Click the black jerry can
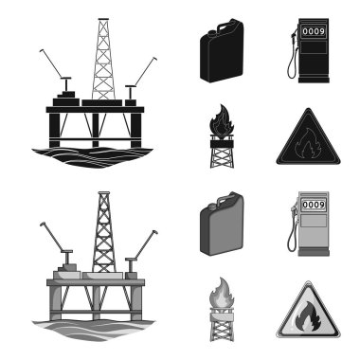tap(222, 50)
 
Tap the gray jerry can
tap(222, 224)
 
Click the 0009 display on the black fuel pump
tap(314, 31)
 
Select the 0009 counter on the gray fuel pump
tap(314, 205)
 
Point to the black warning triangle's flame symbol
tap(304, 147)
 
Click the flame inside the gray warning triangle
tap(307, 316)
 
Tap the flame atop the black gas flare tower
tap(222, 120)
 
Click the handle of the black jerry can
tap(227, 24)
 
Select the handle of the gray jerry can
tap(227, 197)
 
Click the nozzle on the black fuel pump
tap(295, 34)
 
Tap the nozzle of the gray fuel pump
tap(295, 207)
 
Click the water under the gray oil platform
tap(93, 330)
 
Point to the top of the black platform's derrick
tap(103, 19)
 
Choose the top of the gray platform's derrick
tap(103, 192)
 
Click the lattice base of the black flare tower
tap(222, 155)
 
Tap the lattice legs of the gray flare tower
tap(222, 329)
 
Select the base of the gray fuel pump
tap(314, 253)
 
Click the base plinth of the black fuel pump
tap(314, 80)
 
